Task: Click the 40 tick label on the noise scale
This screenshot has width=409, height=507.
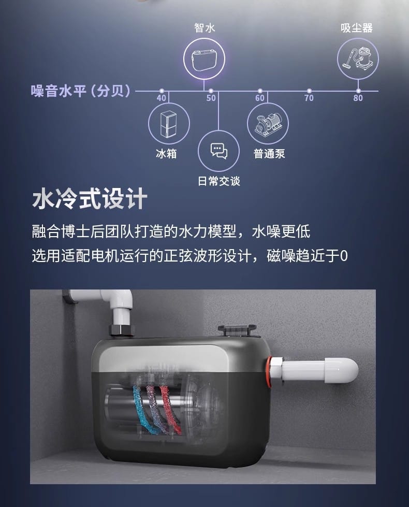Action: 162,98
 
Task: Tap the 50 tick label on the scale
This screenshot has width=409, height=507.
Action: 211,98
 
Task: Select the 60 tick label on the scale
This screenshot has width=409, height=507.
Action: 260,98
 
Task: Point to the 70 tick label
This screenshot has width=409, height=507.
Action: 309,98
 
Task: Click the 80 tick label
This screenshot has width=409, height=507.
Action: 358,98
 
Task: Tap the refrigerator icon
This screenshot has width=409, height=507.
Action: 168,124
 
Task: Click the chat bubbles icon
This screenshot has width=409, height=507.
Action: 219,151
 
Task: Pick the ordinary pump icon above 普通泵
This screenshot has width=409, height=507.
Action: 268,124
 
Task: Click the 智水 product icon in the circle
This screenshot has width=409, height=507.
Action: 204,60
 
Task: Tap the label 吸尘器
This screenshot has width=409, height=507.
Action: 357,28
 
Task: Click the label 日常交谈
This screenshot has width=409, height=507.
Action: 219,181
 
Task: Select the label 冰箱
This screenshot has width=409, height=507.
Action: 166,153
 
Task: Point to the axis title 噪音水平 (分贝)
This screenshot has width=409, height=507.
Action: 81,91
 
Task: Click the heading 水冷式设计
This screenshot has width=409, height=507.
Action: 90,198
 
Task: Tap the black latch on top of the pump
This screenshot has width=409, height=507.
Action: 237,331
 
